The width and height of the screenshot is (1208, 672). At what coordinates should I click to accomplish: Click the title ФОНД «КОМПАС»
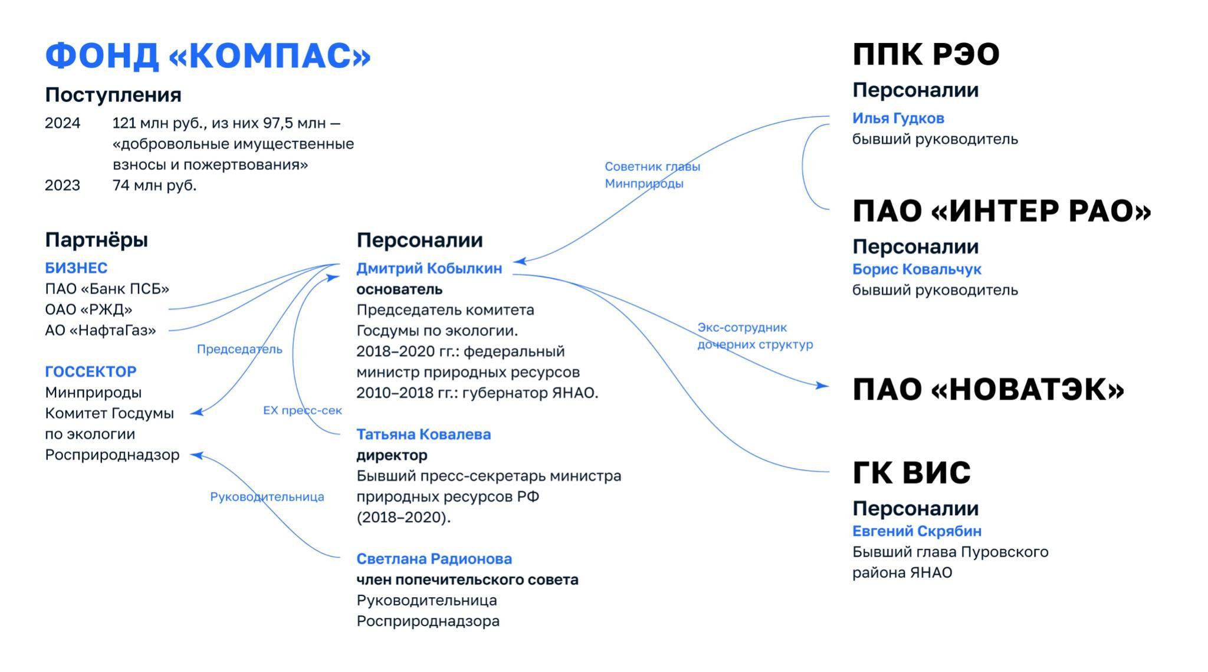coord(208,56)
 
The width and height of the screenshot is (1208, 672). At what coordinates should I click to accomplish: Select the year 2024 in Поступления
coord(63,123)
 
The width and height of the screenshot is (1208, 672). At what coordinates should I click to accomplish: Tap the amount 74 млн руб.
coord(155,185)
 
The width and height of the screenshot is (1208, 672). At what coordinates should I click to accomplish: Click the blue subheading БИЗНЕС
coord(76,268)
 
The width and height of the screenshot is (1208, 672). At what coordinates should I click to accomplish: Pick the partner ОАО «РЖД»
coord(88,309)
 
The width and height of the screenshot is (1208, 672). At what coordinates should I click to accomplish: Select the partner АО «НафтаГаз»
coord(101,330)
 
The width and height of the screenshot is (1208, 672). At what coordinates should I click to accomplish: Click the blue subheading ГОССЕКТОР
coord(91,371)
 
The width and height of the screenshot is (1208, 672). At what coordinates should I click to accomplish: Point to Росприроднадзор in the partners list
coord(112,455)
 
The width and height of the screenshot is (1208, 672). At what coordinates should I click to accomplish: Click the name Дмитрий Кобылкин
coord(429,268)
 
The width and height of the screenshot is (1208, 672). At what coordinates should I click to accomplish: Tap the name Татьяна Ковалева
coord(424,434)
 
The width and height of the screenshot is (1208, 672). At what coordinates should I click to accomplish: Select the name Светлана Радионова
coord(434,559)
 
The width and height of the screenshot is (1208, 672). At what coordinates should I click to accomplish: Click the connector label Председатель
coord(239,349)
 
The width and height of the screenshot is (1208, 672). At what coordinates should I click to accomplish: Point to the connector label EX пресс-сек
coord(303,410)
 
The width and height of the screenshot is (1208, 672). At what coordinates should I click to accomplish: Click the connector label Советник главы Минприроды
coord(652,175)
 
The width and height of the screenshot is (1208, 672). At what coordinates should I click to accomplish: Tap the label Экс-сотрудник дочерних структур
coord(755,336)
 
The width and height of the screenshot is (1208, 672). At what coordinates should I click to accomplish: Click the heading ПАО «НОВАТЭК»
coord(989,390)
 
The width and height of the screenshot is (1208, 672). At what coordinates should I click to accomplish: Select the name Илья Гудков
coord(898,118)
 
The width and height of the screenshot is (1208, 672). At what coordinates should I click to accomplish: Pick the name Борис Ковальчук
coord(917,269)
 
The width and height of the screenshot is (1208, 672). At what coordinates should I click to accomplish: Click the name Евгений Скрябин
coord(917,531)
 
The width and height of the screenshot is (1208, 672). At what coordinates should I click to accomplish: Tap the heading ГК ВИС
coord(911,473)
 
